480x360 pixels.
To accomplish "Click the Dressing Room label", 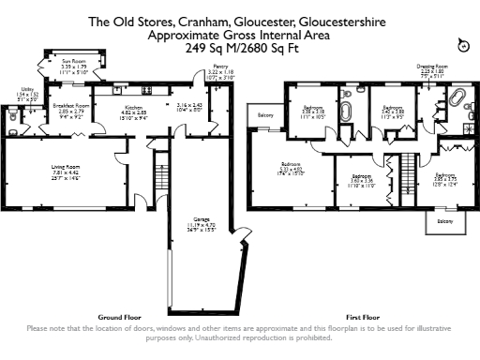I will tap(431, 67).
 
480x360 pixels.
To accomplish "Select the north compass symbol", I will tap(460, 45).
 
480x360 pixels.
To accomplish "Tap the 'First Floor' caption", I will tap(362, 317).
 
